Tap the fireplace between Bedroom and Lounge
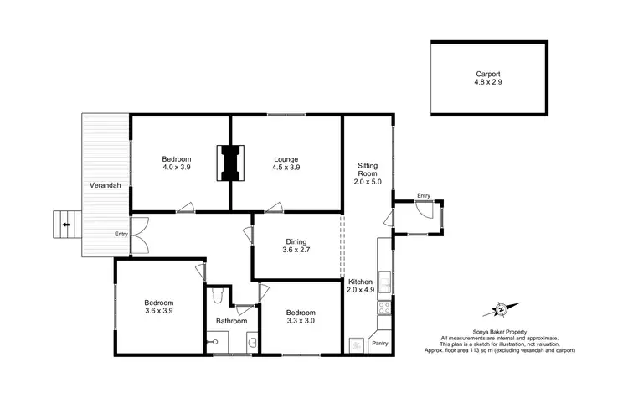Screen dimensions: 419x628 230,163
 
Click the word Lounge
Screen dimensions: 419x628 286,159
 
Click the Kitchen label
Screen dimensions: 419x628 361,282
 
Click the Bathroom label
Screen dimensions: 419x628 232,321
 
